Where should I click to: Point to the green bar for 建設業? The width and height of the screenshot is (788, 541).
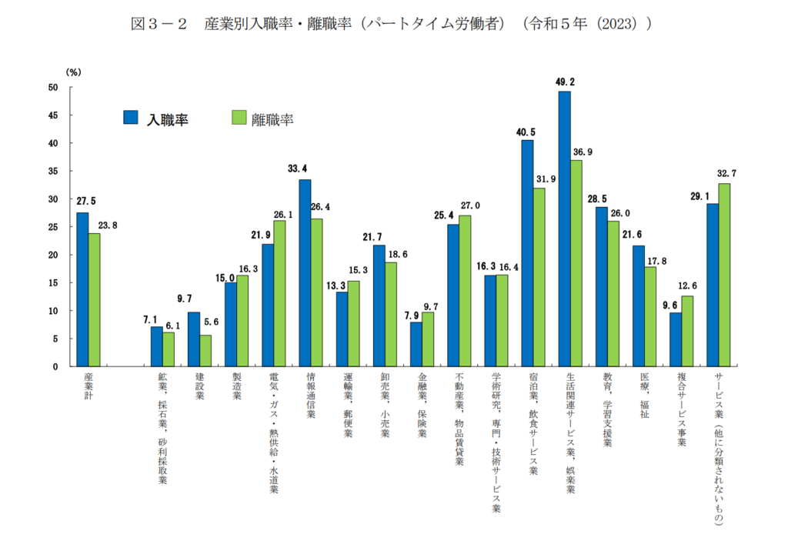click(x=205, y=350)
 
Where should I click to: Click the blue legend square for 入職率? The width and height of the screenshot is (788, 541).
click(x=130, y=118)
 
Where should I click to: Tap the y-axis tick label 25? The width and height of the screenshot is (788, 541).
click(x=53, y=227)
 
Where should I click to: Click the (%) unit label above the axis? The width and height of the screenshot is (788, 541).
click(x=74, y=72)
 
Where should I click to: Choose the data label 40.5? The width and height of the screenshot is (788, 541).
click(x=526, y=132)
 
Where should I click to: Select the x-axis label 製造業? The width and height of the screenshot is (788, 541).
click(x=236, y=387)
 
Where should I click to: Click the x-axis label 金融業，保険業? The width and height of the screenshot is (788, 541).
click(x=422, y=405)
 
